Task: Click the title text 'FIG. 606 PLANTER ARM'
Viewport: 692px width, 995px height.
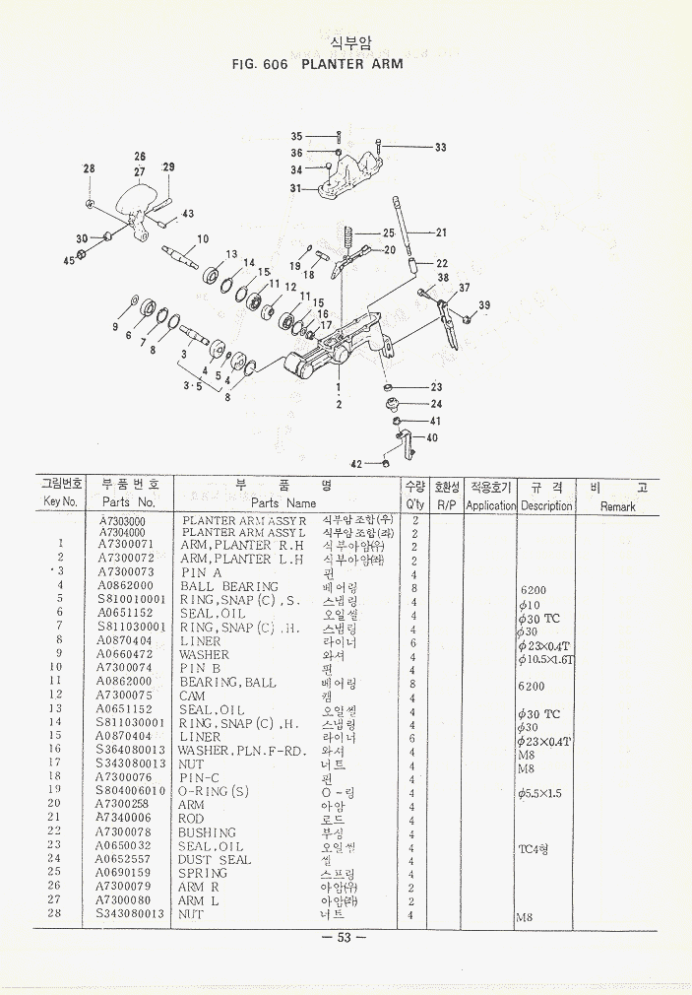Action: [x=317, y=65]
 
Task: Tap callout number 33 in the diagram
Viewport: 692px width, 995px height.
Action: [x=440, y=148]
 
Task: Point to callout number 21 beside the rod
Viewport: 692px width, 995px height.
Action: [x=441, y=232]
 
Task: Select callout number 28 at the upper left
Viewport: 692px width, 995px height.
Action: [x=89, y=169]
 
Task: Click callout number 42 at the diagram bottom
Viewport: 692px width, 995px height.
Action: [x=356, y=462]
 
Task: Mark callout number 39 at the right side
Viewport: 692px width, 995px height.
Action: [x=483, y=306]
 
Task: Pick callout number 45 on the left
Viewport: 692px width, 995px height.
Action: [x=69, y=260]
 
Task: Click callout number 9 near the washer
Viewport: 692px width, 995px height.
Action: [x=115, y=326]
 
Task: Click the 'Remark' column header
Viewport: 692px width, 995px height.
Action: [x=618, y=506]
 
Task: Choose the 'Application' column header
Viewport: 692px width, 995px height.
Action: [x=490, y=505]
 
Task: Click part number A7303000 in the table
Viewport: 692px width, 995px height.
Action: [x=123, y=521]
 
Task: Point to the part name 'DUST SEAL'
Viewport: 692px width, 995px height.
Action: [x=215, y=859]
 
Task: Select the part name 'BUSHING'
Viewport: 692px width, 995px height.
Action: [x=208, y=832]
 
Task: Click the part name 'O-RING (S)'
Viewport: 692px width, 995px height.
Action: [x=214, y=791]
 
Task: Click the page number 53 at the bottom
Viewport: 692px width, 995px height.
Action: [x=345, y=937]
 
